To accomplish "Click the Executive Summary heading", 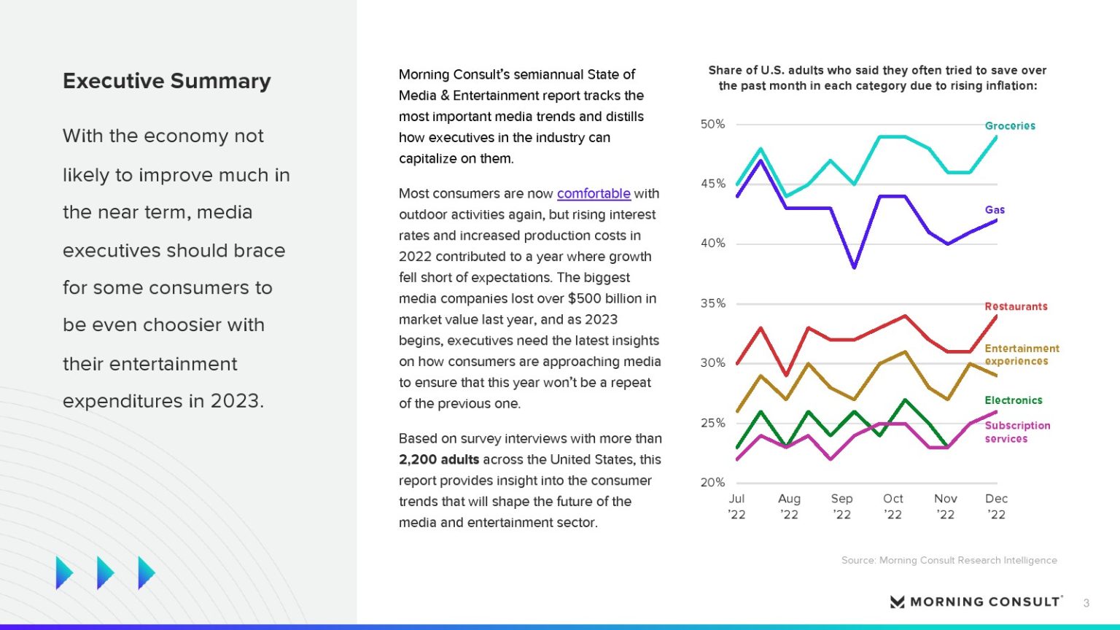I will pyautogui.click(x=167, y=81).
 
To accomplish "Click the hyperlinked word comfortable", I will pyautogui.click(x=594, y=193).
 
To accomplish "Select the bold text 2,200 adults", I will pyautogui.click(x=439, y=459).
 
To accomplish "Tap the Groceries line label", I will pyautogui.click(x=1010, y=125).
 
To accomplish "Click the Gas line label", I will pyautogui.click(x=995, y=210).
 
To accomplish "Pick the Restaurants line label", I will pyautogui.click(x=1016, y=306).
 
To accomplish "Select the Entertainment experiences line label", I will pyautogui.click(x=1022, y=354).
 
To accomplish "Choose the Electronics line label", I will pyautogui.click(x=1014, y=400).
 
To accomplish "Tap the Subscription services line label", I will pyautogui.click(x=1017, y=432).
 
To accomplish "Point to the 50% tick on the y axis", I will pyautogui.click(x=712, y=124).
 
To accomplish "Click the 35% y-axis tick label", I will pyautogui.click(x=712, y=303).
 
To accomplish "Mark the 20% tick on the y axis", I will pyautogui.click(x=712, y=482).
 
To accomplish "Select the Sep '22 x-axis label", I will pyautogui.click(x=841, y=506).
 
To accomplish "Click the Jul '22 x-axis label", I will pyautogui.click(x=736, y=506).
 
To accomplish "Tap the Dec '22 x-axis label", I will pyautogui.click(x=996, y=506).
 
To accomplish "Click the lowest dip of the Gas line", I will pyautogui.click(x=855, y=268).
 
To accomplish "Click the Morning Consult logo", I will pyautogui.click(x=976, y=602).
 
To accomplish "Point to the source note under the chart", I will pyautogui.click(x=949, y=560).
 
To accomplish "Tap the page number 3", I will pyautogui.click(x=1086, y=603).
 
